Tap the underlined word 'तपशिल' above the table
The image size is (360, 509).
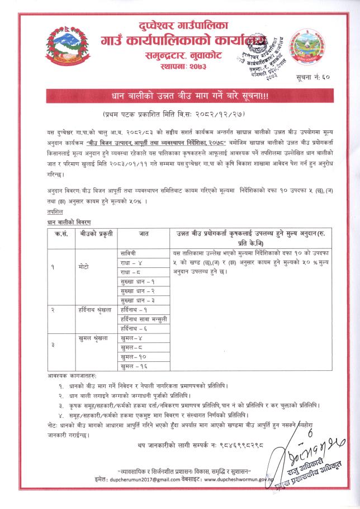(x=55, y=213)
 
